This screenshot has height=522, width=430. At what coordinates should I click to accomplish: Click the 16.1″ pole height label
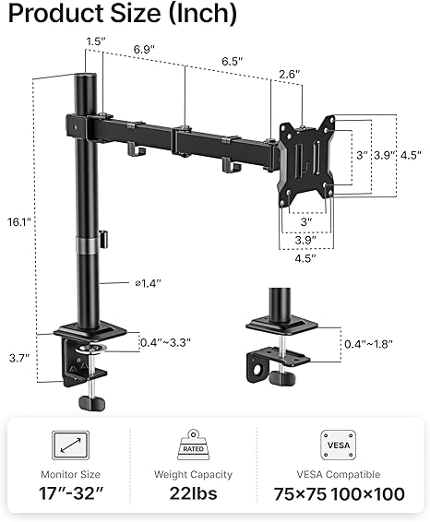(x=19, y=222)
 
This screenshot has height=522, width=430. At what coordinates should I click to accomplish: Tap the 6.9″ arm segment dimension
(x=144, y=50)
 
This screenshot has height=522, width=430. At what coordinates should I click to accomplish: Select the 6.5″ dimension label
(x=233, y=62)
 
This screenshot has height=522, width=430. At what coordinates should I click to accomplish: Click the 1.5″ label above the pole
(x=96, y=42)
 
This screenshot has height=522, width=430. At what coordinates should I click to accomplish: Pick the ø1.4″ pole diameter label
(x=148, y=284)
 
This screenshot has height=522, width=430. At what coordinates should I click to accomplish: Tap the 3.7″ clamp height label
(x=19, y=358)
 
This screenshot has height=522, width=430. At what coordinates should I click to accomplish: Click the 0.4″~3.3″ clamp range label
(x=165, y=342)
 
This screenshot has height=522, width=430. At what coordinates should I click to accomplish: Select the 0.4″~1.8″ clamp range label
(x=368, y=344)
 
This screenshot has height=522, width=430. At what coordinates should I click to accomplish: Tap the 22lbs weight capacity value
(x=193, y=493)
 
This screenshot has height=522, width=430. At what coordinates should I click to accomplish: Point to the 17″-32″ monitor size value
(x=71, y=493)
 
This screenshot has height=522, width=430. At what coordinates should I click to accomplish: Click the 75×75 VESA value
(x=300, y=494)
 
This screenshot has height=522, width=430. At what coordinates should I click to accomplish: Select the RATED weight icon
(x=193, y=445)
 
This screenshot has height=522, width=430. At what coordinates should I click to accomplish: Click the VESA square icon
(x=339, y=445)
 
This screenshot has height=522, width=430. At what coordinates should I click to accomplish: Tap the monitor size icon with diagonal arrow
(x=71, y=445)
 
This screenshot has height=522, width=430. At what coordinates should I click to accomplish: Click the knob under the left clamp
(x=92, y=403)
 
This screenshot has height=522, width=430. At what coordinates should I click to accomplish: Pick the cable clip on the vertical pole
(x=103, y=239)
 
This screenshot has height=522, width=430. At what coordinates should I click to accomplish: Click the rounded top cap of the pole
(x=86, y=77)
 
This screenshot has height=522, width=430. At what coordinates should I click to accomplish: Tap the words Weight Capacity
(x=193, y=474)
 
